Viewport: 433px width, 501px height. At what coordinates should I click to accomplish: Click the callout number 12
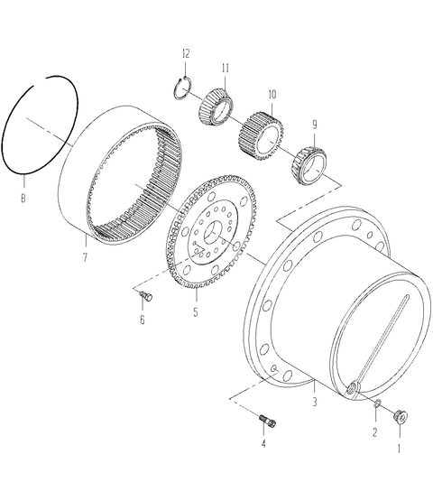pyautogui.click(x=186, y=53)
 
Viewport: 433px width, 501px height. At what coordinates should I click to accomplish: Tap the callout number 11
pyautogui.click(x=226, y=68)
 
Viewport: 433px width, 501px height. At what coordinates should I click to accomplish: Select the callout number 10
pyautogui.click(x=272, y=95)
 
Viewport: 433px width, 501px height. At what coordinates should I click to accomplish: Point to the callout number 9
pyautogui.click(x=315, y=125)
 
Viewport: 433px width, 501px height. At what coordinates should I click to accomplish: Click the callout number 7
pyautogui.click(x=85, y=257)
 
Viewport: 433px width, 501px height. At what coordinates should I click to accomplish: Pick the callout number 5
pyautogui.click(x=196, y=311)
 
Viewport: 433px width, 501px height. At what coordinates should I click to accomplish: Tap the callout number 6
pyautogui.click(x=143, y=320)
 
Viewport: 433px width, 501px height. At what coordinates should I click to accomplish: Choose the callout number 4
pyautogui.click(x=263, y=443)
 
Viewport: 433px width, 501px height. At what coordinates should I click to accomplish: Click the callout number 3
pyautogui.click(x=315, y=402)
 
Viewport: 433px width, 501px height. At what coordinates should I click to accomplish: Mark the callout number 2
pyautogui.click(x=375, y=432)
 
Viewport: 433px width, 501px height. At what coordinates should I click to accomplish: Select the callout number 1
pyautogui.click(x=399, y=449)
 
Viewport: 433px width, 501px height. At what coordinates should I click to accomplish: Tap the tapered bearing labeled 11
pyautogui.click(x=216, y=105)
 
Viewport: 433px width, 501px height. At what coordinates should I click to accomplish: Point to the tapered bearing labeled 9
pyautogui.click(x=309, y=165)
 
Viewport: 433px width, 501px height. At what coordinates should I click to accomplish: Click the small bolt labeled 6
pyautogui.click(x=146, y=296)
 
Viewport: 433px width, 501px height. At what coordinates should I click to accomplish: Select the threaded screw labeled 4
pyautogui.click(x=268, y=421)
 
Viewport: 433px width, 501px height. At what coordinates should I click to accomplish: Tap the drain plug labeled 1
pyautogui.click(x=401, y=416)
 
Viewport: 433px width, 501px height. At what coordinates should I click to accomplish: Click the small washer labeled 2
pyautogui.click(x=377, y=403)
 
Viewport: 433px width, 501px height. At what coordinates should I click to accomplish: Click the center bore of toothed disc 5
pyautogui.click(x=214, y=233)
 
